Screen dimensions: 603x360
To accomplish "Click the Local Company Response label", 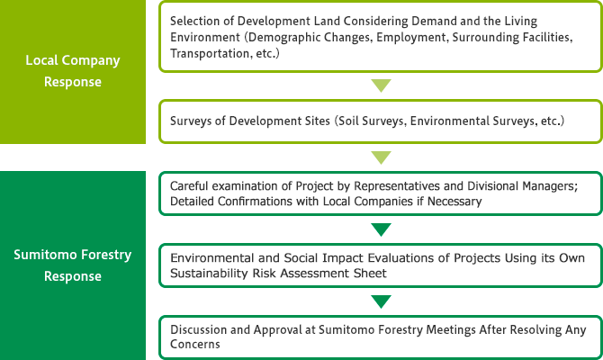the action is point(73,71).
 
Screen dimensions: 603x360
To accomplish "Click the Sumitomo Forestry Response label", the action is point(73,265).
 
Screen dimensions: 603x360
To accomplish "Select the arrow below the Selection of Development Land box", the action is point(381,85).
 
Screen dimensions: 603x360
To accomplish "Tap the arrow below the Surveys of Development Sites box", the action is point(381,157).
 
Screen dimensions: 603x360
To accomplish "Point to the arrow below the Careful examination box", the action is point(381,229).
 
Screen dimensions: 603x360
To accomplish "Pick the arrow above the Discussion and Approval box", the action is point(381,301).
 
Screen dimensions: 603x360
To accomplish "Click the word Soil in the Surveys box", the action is point(347,121).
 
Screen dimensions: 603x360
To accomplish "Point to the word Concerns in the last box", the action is point(195,344).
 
